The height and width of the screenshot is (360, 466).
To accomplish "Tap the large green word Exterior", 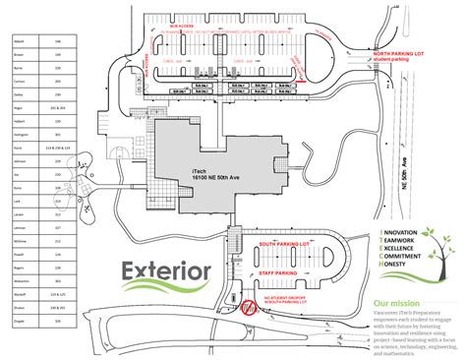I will [x=166, y=270].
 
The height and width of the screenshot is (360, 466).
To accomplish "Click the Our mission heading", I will [x=398, y=302].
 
